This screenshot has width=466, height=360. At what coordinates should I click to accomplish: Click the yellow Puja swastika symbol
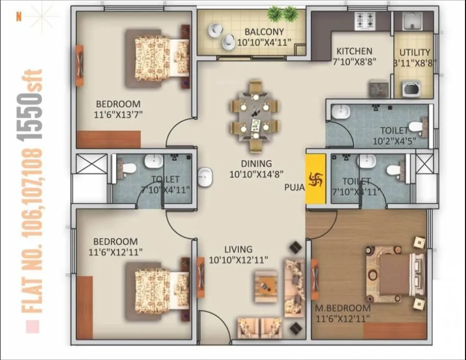point(315,179)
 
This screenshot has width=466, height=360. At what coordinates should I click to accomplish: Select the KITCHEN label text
point(354,51)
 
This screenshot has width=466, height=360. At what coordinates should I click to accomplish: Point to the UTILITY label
point(415,52)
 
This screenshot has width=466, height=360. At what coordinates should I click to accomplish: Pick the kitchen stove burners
point(365,20)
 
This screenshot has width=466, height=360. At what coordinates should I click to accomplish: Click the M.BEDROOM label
point(343,308)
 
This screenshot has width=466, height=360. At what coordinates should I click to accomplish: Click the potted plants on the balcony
point(283,13)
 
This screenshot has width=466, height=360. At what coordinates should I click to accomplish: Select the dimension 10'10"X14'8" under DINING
point(257,174)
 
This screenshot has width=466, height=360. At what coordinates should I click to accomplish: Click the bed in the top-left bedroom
point(157,58)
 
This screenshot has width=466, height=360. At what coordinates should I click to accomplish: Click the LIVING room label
point(238,249)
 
